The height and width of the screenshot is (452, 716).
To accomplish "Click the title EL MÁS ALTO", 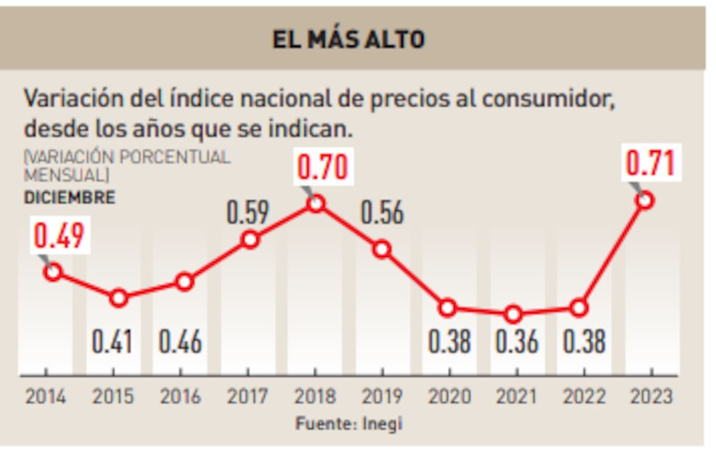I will pos(348,39).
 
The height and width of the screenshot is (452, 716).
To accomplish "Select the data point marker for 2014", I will pos(53,272).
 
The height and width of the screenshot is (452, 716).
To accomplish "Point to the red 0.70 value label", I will pos(322,167).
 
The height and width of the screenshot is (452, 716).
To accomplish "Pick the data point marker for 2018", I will pos(316,203).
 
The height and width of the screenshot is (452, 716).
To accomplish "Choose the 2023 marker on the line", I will pos(645,200).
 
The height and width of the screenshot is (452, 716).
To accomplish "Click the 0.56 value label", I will pos(382,213).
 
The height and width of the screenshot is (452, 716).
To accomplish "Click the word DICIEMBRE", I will pos(69,198).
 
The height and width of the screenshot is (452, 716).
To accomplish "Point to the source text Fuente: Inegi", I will pos(349,423).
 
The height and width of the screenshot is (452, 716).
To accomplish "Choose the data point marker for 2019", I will pos(382,249).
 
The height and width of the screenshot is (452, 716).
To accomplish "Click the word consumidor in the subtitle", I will pos(548,98).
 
